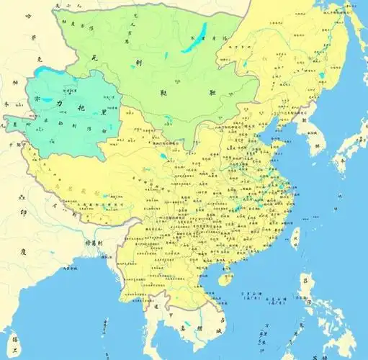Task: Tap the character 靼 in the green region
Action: [x=213, y=92]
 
